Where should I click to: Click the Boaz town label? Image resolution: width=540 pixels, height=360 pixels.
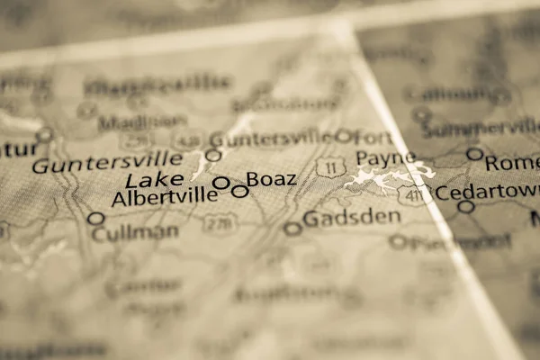point(271,179)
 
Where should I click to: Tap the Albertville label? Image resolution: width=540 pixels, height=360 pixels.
point(164,197)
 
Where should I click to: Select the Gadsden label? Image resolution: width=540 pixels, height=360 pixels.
point(351,218)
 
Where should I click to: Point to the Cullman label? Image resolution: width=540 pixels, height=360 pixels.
point(135,232)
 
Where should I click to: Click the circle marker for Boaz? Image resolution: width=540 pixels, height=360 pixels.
point(239,191)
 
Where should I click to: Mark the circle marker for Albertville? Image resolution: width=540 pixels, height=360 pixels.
point(220,183)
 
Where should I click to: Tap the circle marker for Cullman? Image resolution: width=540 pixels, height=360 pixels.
point(95,219)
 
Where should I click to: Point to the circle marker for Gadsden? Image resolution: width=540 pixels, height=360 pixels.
point(292,229)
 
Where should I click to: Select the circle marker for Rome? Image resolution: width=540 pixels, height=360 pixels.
point(474,154)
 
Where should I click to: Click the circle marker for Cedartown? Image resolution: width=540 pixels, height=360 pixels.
point(465,206)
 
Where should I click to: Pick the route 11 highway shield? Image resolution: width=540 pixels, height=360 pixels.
point(330,166)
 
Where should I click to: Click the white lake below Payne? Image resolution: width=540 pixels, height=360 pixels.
point(383,179)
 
